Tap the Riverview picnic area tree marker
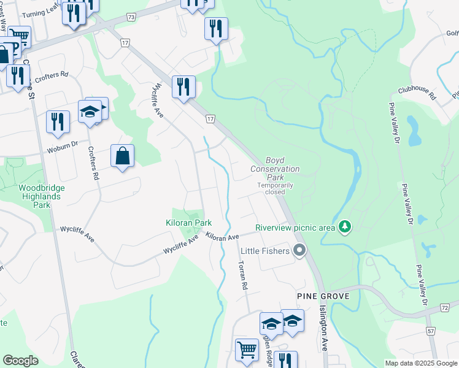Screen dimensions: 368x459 (x=345, y=227)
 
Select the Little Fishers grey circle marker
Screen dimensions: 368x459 (x=299, y=250)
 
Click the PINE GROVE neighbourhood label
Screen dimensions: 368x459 (x=323, y=296)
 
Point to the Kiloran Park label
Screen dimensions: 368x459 (x=189, y=223)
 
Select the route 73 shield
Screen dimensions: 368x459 (x=131, y=18)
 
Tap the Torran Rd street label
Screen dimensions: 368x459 (x=242, y=274)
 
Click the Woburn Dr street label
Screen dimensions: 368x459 (x=63, y=147)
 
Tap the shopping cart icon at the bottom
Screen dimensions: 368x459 (x=247, y=349)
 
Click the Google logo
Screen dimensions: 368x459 (x=20, y=361)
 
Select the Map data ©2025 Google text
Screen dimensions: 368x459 (x=421, y=363)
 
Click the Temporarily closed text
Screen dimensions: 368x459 (x=275, y=188)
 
